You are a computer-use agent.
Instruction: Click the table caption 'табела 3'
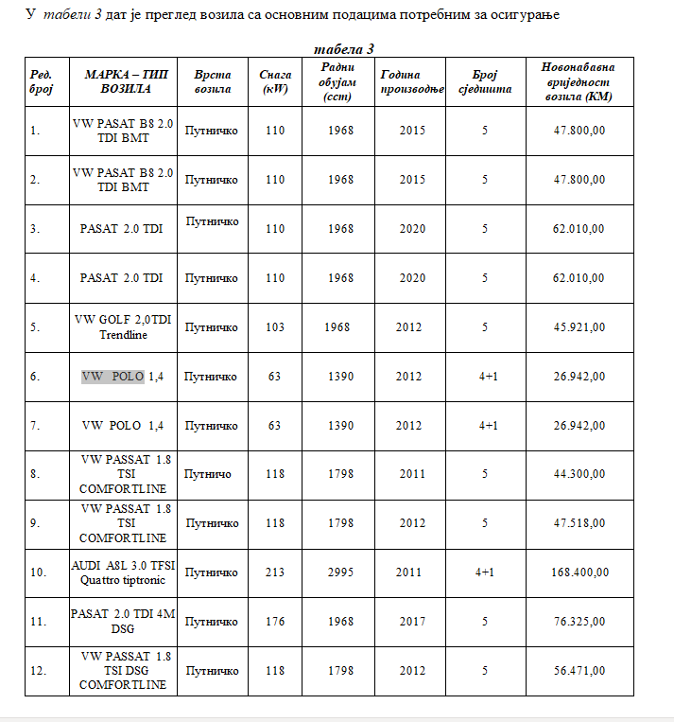[344, 49]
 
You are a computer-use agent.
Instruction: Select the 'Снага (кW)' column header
[275, 81]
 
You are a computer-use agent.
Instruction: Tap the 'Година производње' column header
[412, 81]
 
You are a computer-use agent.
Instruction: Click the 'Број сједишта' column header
[485, 81]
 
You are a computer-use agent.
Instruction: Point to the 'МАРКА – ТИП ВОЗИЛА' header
[123, 81]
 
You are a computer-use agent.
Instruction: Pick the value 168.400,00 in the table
[579, 572]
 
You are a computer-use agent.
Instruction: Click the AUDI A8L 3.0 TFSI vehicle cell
[123, 572]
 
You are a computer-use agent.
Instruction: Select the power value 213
[275, 572]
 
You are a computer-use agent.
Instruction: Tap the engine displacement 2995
[341, 572]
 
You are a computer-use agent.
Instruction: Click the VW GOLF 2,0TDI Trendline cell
[123, 327]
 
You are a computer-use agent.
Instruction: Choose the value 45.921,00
[579, 327]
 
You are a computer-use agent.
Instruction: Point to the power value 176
[275, 622]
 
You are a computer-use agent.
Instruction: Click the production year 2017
[409, 622]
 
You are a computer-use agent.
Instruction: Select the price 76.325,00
[579, 622]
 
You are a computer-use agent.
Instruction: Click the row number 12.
[39, 671]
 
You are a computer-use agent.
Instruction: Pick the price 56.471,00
[579, 671]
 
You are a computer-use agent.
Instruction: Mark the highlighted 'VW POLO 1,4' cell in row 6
[123, 377]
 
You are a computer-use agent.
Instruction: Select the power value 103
[275, 327]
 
